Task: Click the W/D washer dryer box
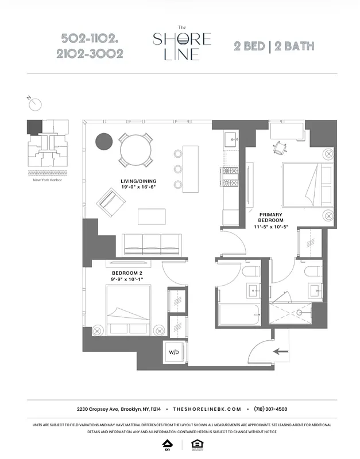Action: click(x=173, y=351)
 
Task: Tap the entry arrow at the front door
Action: click(x=281, y=351)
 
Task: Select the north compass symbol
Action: click(x=35, y=103)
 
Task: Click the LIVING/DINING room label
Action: click(x=138, y=184)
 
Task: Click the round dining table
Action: click(x=136, y=149)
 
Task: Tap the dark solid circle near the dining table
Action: click(x=104, y=141)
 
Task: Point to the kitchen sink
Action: click(x=231, y=137)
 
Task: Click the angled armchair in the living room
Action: click(x=112, y=201)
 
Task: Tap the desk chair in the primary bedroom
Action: click(x=279, y=147)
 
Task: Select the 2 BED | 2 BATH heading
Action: click(x=274, y=46)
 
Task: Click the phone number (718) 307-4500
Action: click(x=270, y=409)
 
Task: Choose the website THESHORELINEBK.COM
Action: click(x=207, y=409)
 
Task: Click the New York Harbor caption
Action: click(x=48, y=180)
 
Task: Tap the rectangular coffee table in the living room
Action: click(x=152, y=216)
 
